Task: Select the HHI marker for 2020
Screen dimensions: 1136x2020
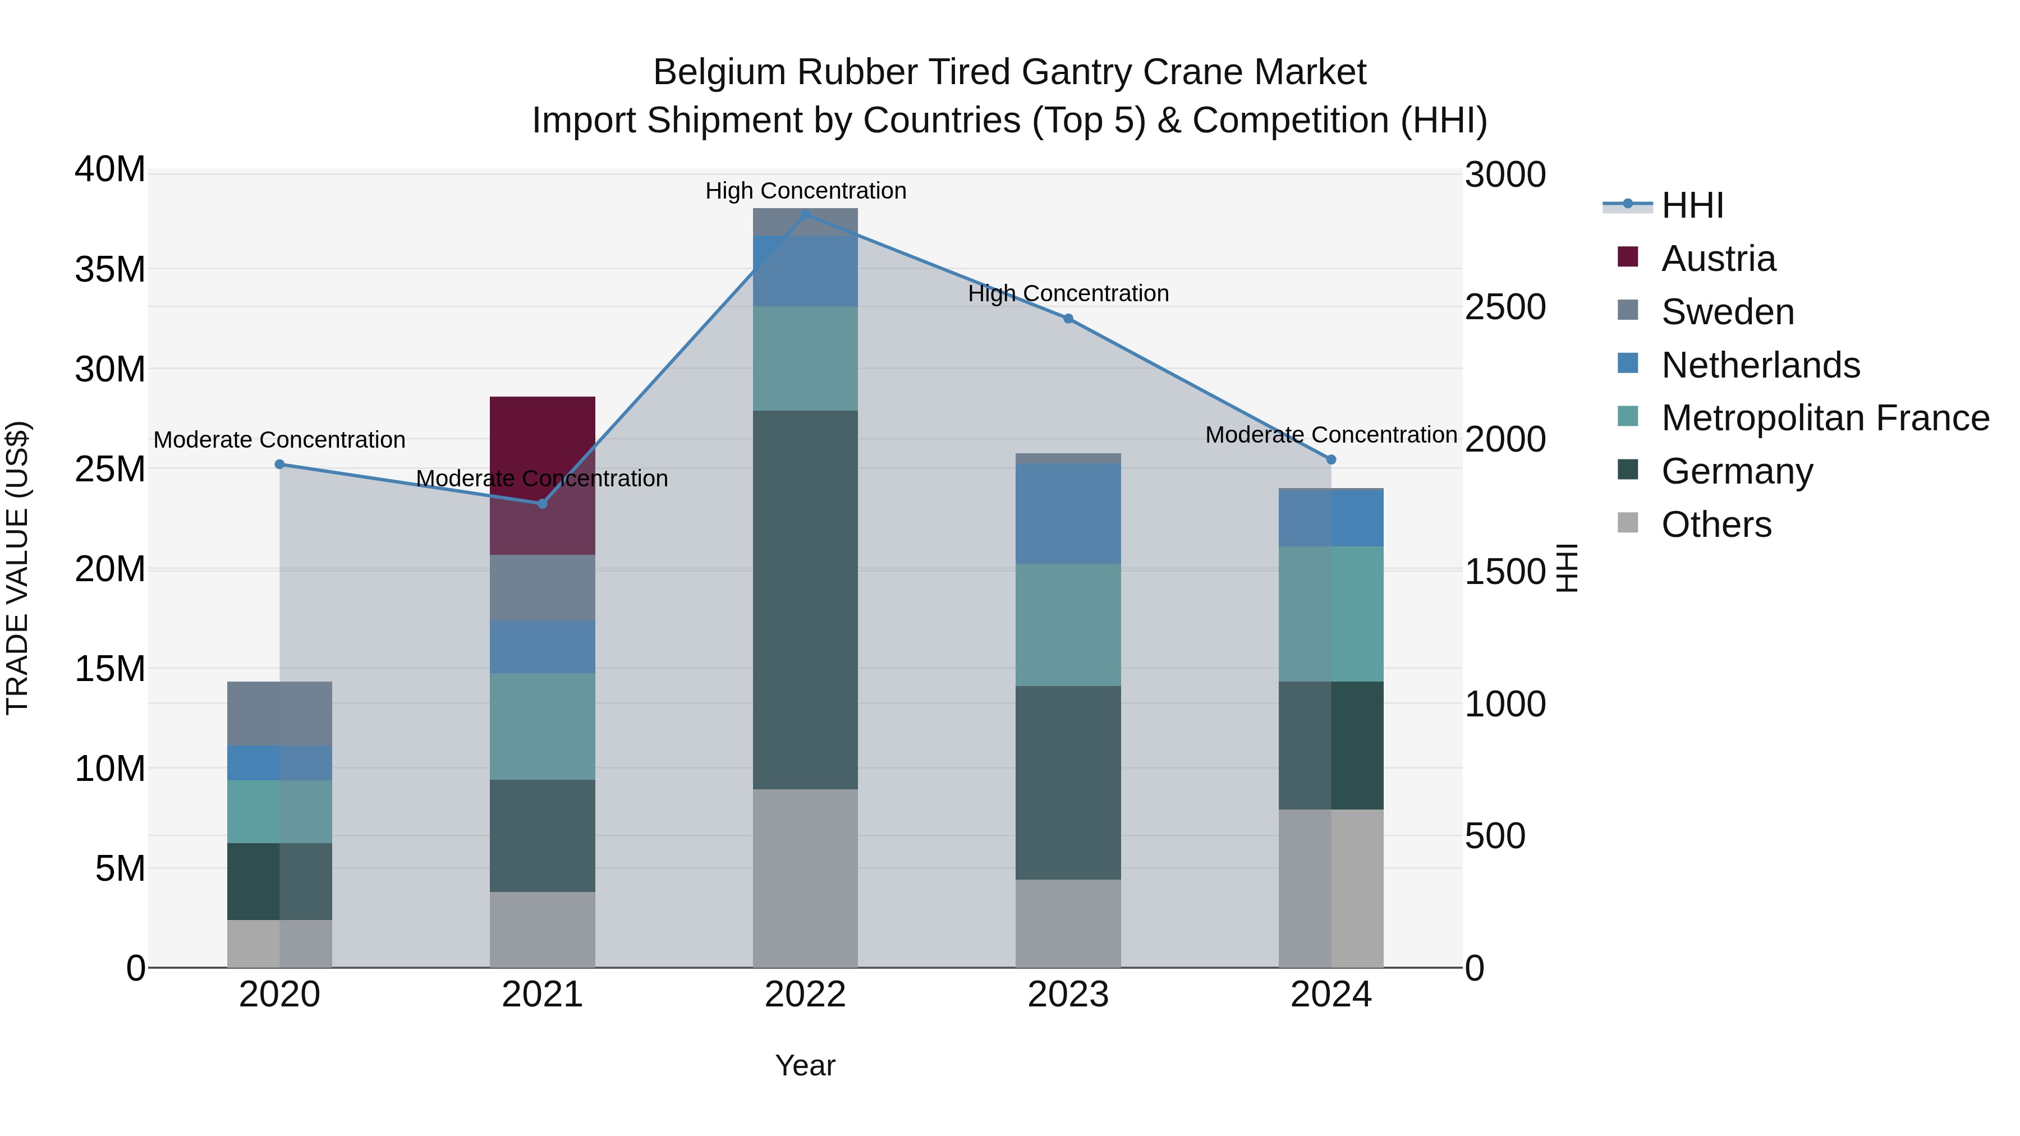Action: pos(279,464)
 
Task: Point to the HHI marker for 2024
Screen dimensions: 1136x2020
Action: pos(1331,459)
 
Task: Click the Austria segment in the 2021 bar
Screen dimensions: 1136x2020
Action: pos(542,475)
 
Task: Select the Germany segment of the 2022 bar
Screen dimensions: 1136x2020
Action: pos(805,600)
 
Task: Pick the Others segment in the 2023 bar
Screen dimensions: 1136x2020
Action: pos(1068,923)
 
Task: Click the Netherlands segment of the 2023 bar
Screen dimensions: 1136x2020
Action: pos(1068,513)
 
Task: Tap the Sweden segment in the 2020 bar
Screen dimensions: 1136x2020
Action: pos(279,714)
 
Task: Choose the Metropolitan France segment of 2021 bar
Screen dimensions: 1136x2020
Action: pos(542,726)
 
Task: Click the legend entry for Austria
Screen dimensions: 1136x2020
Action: pos(1718,259)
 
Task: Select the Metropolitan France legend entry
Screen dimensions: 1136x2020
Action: pos(1824,418)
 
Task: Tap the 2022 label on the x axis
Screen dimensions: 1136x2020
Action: pos(805,995)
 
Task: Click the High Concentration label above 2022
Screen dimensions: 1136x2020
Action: pos(805,191)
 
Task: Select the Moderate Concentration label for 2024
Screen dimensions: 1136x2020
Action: pos(1331,434)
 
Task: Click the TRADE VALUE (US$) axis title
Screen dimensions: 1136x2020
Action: pos(18,568)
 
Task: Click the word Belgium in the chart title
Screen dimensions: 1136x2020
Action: pos(719,72)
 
